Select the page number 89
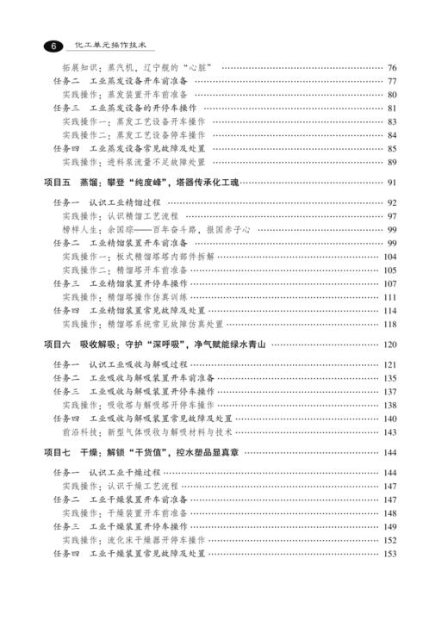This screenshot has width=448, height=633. pyautogui.click(x=391, y=162)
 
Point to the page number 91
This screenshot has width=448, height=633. pyautogui.click(x=391, y=183)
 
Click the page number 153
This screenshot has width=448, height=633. pyautogui.click(x=389, y=554)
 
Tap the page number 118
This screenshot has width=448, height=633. pyautogui.click(x=389, y=324)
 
